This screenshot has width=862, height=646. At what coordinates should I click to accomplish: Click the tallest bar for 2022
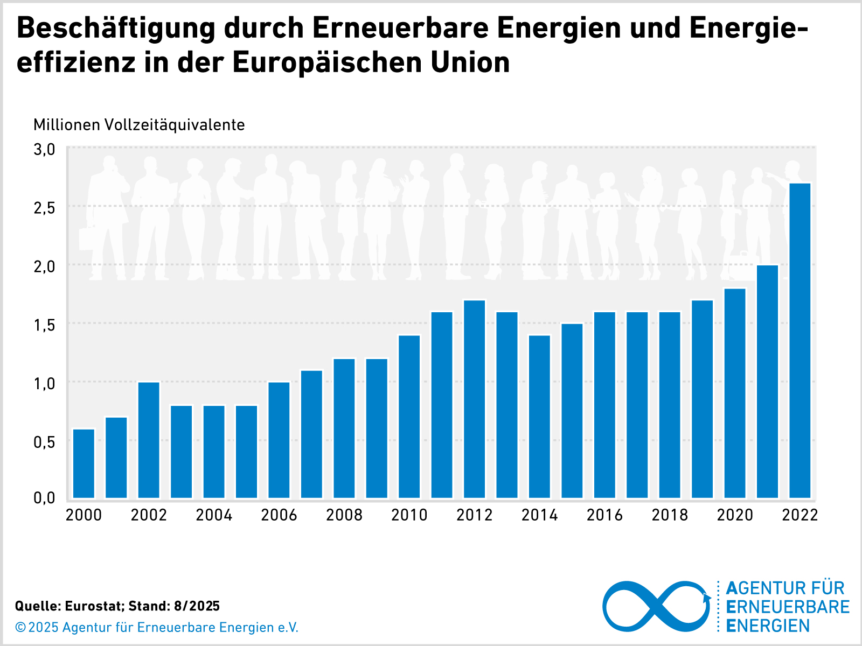800,340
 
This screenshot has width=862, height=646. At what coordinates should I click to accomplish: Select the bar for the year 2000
84,463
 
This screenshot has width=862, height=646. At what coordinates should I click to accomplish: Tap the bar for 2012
474,398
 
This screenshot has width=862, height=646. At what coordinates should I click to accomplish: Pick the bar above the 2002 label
149,439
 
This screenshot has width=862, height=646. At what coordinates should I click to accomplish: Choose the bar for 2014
539,416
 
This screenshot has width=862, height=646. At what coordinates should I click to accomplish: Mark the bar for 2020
735,393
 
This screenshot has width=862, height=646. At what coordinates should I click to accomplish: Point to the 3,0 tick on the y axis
44,149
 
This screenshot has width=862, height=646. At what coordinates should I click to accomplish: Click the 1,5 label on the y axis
44,325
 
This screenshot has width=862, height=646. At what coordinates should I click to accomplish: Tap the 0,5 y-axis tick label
44,441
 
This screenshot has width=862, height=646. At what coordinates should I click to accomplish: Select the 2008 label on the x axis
344,515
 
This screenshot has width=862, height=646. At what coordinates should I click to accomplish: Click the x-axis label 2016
604,515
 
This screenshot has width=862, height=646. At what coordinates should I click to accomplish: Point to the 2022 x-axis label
800,515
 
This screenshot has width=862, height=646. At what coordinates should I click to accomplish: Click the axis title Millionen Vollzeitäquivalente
139,125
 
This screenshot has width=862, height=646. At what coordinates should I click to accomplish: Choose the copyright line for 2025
157,627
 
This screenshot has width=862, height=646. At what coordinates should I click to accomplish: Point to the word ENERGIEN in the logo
768,626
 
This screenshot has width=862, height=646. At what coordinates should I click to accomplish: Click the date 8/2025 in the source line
197,606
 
